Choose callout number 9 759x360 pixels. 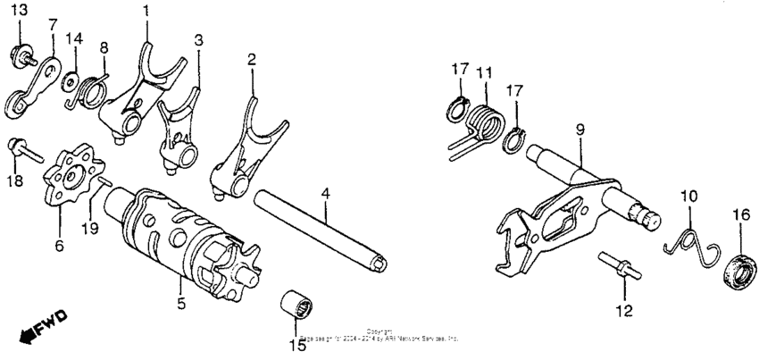click(580, 130)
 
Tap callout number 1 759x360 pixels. click(146, 11)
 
